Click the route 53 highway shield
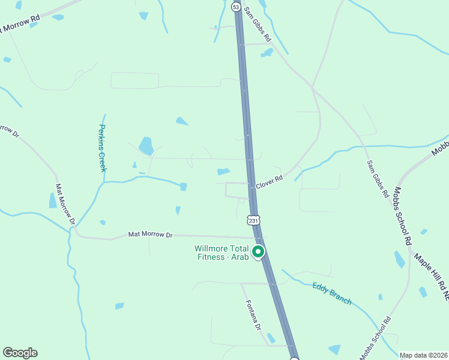tap(235, 6)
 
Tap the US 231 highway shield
tap(254, 220)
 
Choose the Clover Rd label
tap(269, 183)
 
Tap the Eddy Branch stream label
tap(332, 293)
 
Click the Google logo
tap(20, 353)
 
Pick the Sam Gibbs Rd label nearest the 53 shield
tap(258, 25)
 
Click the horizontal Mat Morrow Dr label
tap(150, 235)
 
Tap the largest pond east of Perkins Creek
tap(146, 146)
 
